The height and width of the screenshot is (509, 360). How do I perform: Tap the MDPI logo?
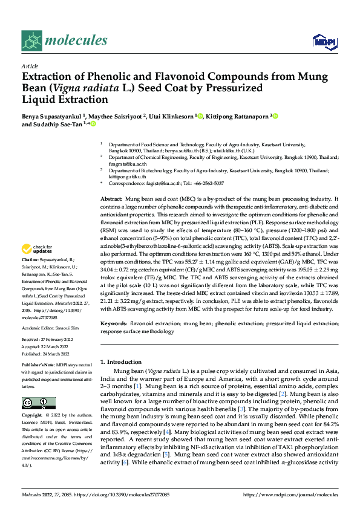[324, 41]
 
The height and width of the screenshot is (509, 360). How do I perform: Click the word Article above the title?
[30, 66]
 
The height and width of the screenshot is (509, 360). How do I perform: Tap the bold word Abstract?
[112, 199]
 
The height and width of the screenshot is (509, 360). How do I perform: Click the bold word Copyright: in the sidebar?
[33, 416]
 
